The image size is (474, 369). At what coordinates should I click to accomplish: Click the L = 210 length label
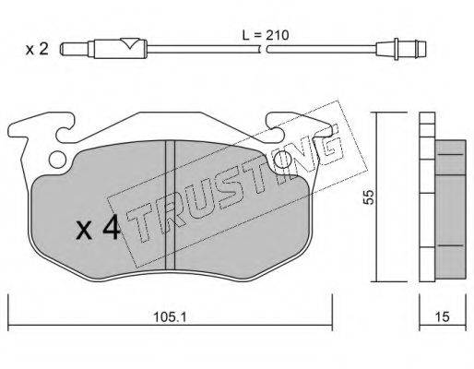266,35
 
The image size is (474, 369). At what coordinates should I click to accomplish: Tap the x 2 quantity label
37,49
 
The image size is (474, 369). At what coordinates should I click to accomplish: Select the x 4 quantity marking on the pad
99,227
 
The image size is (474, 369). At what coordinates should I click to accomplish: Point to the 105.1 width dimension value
170,317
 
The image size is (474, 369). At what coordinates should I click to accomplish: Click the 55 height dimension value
368,197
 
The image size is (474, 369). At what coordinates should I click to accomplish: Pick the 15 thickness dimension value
443,316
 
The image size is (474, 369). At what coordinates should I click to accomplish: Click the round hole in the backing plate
57,160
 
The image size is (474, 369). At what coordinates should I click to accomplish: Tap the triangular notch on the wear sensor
130,43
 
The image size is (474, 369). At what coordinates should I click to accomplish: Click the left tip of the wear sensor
62,49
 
